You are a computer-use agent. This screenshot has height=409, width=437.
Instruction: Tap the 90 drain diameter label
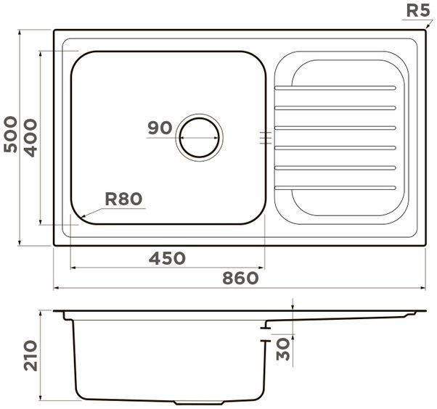point(159,128)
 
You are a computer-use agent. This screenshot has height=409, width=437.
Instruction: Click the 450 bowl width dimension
point(167,258)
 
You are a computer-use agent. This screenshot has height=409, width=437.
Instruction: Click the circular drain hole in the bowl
point(200,136)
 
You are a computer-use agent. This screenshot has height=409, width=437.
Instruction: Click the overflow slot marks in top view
point(265,136)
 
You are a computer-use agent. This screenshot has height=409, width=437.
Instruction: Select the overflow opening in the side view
point(266,335)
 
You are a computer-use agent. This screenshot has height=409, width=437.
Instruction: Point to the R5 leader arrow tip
point(420,30)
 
